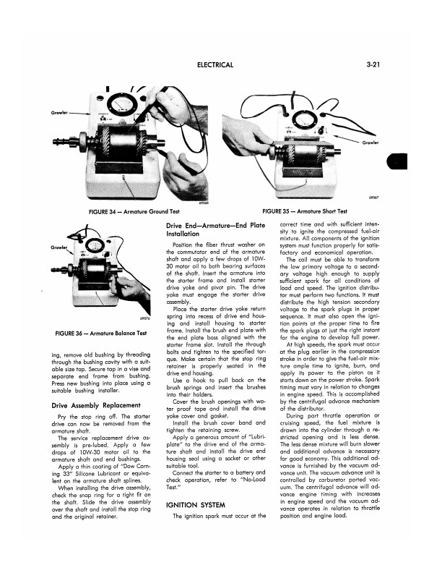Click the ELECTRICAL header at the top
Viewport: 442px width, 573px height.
pyautogui.click(x=214, y=65)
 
